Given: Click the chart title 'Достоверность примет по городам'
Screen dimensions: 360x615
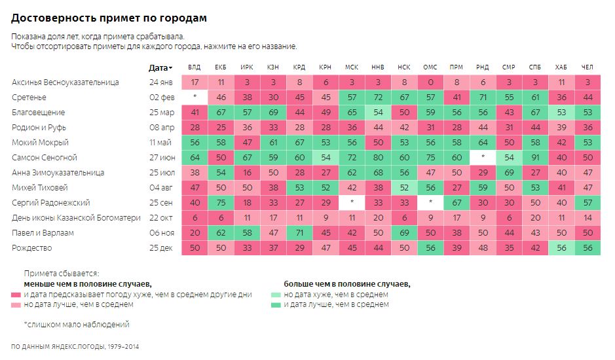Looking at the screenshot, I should point(109,18).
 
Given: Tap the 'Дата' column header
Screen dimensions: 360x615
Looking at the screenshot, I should point(160,67).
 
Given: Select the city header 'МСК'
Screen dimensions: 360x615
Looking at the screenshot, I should point(352,67).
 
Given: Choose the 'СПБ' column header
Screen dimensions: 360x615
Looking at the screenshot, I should point(535,67).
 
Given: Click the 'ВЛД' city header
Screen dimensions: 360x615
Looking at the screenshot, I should point(195,67).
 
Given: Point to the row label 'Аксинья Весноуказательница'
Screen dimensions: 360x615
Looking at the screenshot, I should point(65,82).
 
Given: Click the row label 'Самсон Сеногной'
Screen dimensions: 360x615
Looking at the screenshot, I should point(45,158).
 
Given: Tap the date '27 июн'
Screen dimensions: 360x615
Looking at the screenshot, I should point(161,158).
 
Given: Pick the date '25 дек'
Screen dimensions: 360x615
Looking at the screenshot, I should point(161,248).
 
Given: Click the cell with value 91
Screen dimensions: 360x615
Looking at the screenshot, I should point(535,158).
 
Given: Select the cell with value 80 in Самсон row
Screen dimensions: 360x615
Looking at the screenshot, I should point(378,158).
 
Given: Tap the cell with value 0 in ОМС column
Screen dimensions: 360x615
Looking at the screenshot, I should point(430,82).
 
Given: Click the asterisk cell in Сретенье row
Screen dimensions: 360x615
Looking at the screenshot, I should point(195,98).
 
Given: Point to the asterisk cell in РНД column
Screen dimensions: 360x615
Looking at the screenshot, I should point(483,158).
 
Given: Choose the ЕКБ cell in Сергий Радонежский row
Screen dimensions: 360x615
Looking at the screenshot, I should point(221,203).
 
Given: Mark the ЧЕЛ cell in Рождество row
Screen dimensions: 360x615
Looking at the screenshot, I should point(587,248).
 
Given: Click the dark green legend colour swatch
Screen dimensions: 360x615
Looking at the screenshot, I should point(277,304).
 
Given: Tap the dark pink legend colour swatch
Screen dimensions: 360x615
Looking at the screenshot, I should point(16,295).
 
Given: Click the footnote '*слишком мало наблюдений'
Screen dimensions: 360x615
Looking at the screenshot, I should point(76,324).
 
